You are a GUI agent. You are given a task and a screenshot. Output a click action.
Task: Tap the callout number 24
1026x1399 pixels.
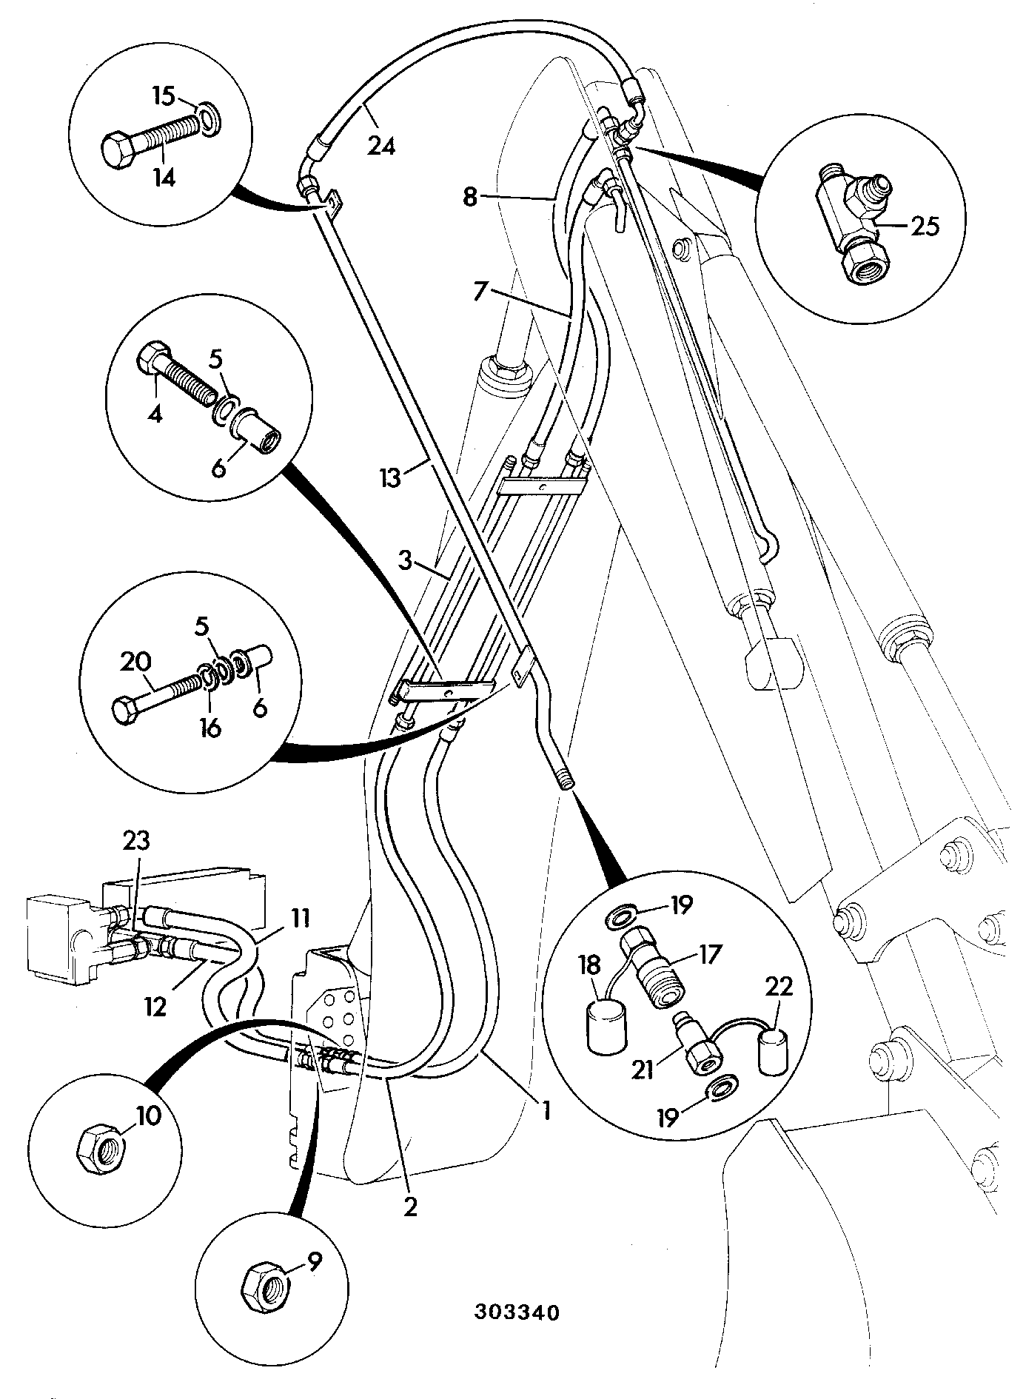click(x=381, y=147)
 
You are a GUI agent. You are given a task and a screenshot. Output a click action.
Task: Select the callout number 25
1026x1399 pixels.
click(x=922, y=226)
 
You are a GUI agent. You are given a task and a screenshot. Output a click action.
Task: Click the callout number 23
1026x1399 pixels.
click(x=136, y=841)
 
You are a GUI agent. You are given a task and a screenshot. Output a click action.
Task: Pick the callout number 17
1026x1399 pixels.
click(x=708, y=954)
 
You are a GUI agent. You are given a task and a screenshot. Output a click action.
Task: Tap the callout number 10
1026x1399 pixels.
click(x=148, y=1115)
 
